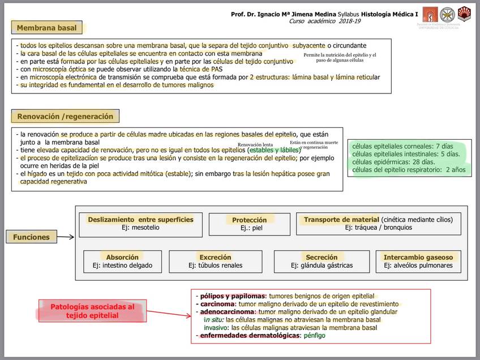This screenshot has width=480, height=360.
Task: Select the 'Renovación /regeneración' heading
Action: coord(65,117)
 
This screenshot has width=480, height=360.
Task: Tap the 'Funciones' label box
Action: coord(31,238)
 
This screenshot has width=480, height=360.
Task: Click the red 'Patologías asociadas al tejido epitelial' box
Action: coord(92,311)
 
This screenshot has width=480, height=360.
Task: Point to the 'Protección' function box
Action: coord(250,224)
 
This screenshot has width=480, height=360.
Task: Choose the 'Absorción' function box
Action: coord(122,261)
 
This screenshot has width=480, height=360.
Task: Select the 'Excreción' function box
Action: coord(215,261)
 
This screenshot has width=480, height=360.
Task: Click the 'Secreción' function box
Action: coord(322,261)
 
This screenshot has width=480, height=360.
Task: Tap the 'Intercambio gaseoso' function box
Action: coord(418,261)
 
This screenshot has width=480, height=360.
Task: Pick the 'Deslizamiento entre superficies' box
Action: coord(140,224)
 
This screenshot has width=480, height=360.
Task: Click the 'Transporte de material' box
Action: coord(379,224)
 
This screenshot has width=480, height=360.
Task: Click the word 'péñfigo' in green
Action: coord(314,336)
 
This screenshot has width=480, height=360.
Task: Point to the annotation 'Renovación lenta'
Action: coord(255,145)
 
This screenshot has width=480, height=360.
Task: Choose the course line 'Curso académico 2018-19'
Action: coord(324,21)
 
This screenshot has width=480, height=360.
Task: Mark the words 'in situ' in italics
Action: coord(214,320)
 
